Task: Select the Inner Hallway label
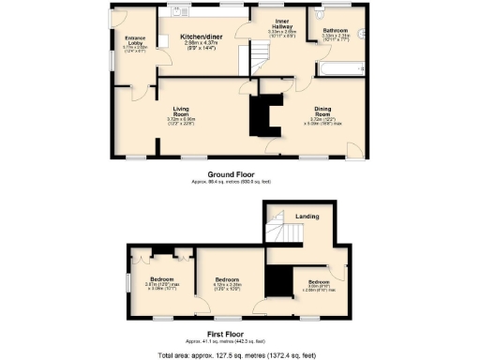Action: (x=282, y=25)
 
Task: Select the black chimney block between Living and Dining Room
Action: (x=263, y=115)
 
